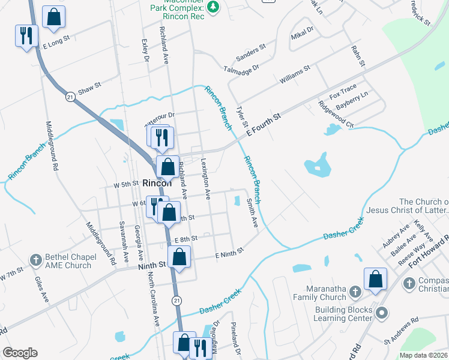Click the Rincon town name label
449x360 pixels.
coord(157,184)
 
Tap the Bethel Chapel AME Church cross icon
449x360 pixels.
coord(36,260)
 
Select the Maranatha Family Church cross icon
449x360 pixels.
coord(355,292)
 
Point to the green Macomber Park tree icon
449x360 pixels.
coord(212,7)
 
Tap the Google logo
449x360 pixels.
coord(20,353)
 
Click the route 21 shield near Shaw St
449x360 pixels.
coord(70,97)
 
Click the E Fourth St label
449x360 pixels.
coord(263,123)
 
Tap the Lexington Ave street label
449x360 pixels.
coord(205,178)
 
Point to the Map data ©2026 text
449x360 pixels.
coord(424,355)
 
